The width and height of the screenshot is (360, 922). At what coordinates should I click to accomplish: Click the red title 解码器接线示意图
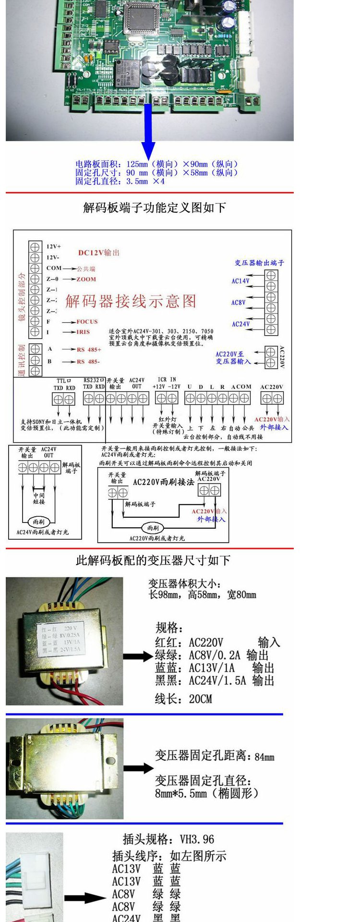(131, 301)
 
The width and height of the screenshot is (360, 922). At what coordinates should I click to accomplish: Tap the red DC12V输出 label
(99, 253)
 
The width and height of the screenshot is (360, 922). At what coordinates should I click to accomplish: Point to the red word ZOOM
(86, 279)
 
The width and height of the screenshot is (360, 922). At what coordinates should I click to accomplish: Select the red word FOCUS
(87, 322)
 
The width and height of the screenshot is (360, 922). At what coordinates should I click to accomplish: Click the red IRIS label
(83, 332)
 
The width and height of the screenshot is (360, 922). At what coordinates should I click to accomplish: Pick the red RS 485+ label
(89, 349)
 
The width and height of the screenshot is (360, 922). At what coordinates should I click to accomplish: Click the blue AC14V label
(240, 281)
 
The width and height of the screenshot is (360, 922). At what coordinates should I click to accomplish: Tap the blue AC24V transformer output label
(240, 324)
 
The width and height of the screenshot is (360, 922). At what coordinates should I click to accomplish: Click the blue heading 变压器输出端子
(259, 263)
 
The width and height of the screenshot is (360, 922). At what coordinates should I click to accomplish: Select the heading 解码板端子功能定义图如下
(155, 208)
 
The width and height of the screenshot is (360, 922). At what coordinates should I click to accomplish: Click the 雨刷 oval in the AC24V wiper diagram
(38, 522)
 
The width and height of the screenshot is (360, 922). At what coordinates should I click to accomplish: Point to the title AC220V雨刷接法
(163, 482)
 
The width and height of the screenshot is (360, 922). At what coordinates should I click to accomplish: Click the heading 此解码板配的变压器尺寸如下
(153, 560)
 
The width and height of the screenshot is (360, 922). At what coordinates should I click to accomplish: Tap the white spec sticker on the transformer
(61, 639)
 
